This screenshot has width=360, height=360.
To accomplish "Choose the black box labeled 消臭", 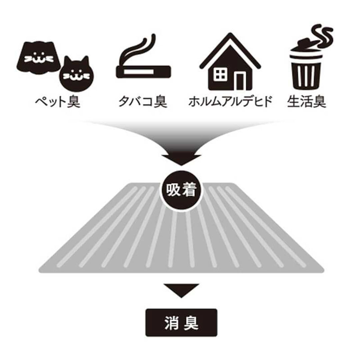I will point(181,322).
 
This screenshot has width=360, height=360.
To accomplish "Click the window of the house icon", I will point(220,75).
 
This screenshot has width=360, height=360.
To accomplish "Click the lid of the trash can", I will point(305,47).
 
